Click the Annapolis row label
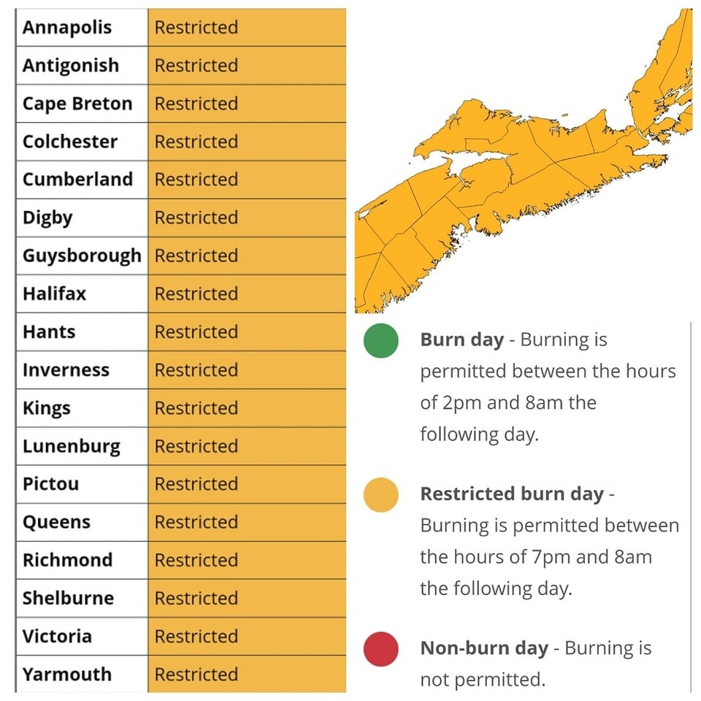click(67, 28)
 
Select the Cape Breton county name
click(77, 104)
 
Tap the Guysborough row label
click(82, 256)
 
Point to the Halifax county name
click(54, 294)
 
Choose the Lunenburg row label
click(71, 446)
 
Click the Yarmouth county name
click(67, 674)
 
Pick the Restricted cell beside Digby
click(196, 218)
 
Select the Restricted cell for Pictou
click(196, 484)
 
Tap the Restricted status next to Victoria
click(196, 636)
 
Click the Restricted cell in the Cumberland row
click(196, 180)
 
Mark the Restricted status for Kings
click(196, 408)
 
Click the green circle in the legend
click(381, 341)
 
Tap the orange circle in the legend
click(381, 495)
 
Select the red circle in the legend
click(381, 649)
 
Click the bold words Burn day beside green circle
click(461, 340)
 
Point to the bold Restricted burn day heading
click(511, 494)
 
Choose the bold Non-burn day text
click(483, 648)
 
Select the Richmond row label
click(67, 560)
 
